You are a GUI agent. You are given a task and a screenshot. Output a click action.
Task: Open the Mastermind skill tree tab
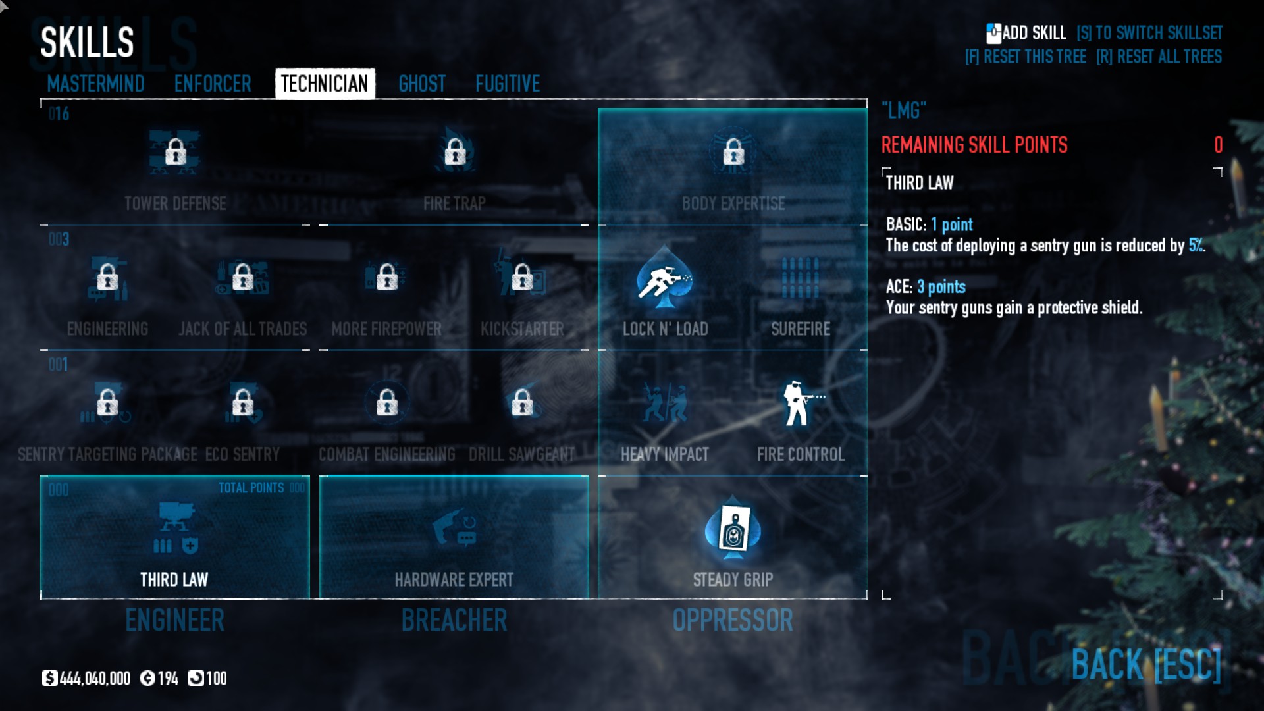95,84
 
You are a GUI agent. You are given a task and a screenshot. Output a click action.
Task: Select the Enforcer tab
213,84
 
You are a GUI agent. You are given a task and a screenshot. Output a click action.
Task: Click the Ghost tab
422,84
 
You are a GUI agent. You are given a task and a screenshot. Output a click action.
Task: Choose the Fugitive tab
508,84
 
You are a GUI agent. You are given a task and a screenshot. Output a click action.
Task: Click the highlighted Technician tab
325,84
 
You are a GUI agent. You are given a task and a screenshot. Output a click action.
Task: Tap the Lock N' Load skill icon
665,279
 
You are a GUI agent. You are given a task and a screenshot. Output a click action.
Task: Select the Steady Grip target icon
733,529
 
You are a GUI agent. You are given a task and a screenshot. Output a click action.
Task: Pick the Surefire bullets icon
801,278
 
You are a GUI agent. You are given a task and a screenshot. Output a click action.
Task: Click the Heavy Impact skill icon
665,403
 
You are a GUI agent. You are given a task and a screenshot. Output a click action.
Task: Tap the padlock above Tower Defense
175,153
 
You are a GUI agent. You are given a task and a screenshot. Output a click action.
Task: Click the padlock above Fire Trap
454,153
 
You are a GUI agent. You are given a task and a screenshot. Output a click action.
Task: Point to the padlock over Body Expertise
733,153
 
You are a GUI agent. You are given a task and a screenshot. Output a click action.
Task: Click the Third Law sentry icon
175,527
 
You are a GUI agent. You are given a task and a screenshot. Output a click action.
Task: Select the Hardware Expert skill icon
454,529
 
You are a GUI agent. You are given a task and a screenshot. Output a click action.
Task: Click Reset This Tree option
1026,57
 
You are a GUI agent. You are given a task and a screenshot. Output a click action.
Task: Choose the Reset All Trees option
1159,57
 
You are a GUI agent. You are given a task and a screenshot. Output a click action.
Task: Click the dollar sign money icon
49,678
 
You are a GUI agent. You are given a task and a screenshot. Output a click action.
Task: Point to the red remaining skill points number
1218,145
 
